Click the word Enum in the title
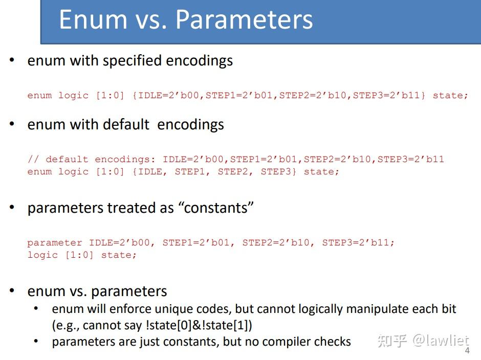coord(93,19)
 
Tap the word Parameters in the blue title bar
coord(244,19)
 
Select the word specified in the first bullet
coord(132,61)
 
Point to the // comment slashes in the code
coord(33,159)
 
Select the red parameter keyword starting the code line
coord(55,243)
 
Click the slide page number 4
coord(467,350)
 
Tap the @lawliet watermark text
coord(441,341)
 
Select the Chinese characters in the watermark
coord(392,341)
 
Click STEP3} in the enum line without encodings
coord(278,171)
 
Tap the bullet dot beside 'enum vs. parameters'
coord(12,290)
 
